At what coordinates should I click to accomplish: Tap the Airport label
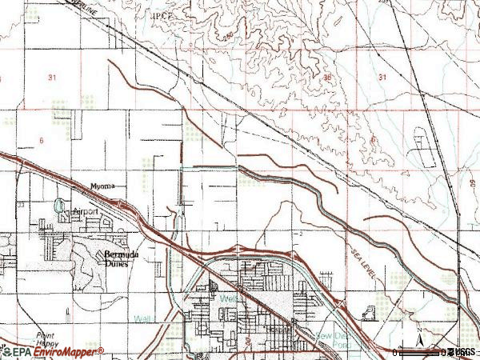click(x=85, y=211)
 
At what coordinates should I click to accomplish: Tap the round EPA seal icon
click(x=6, y=351)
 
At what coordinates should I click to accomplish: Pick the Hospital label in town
click(x=278, y=329)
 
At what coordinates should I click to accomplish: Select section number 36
click(x=328, y=77)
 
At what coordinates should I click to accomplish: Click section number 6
click(x=40, y=140)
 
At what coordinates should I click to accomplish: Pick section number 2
click(x=299, y=234)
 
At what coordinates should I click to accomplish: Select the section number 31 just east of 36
click(x=382, y=77)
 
